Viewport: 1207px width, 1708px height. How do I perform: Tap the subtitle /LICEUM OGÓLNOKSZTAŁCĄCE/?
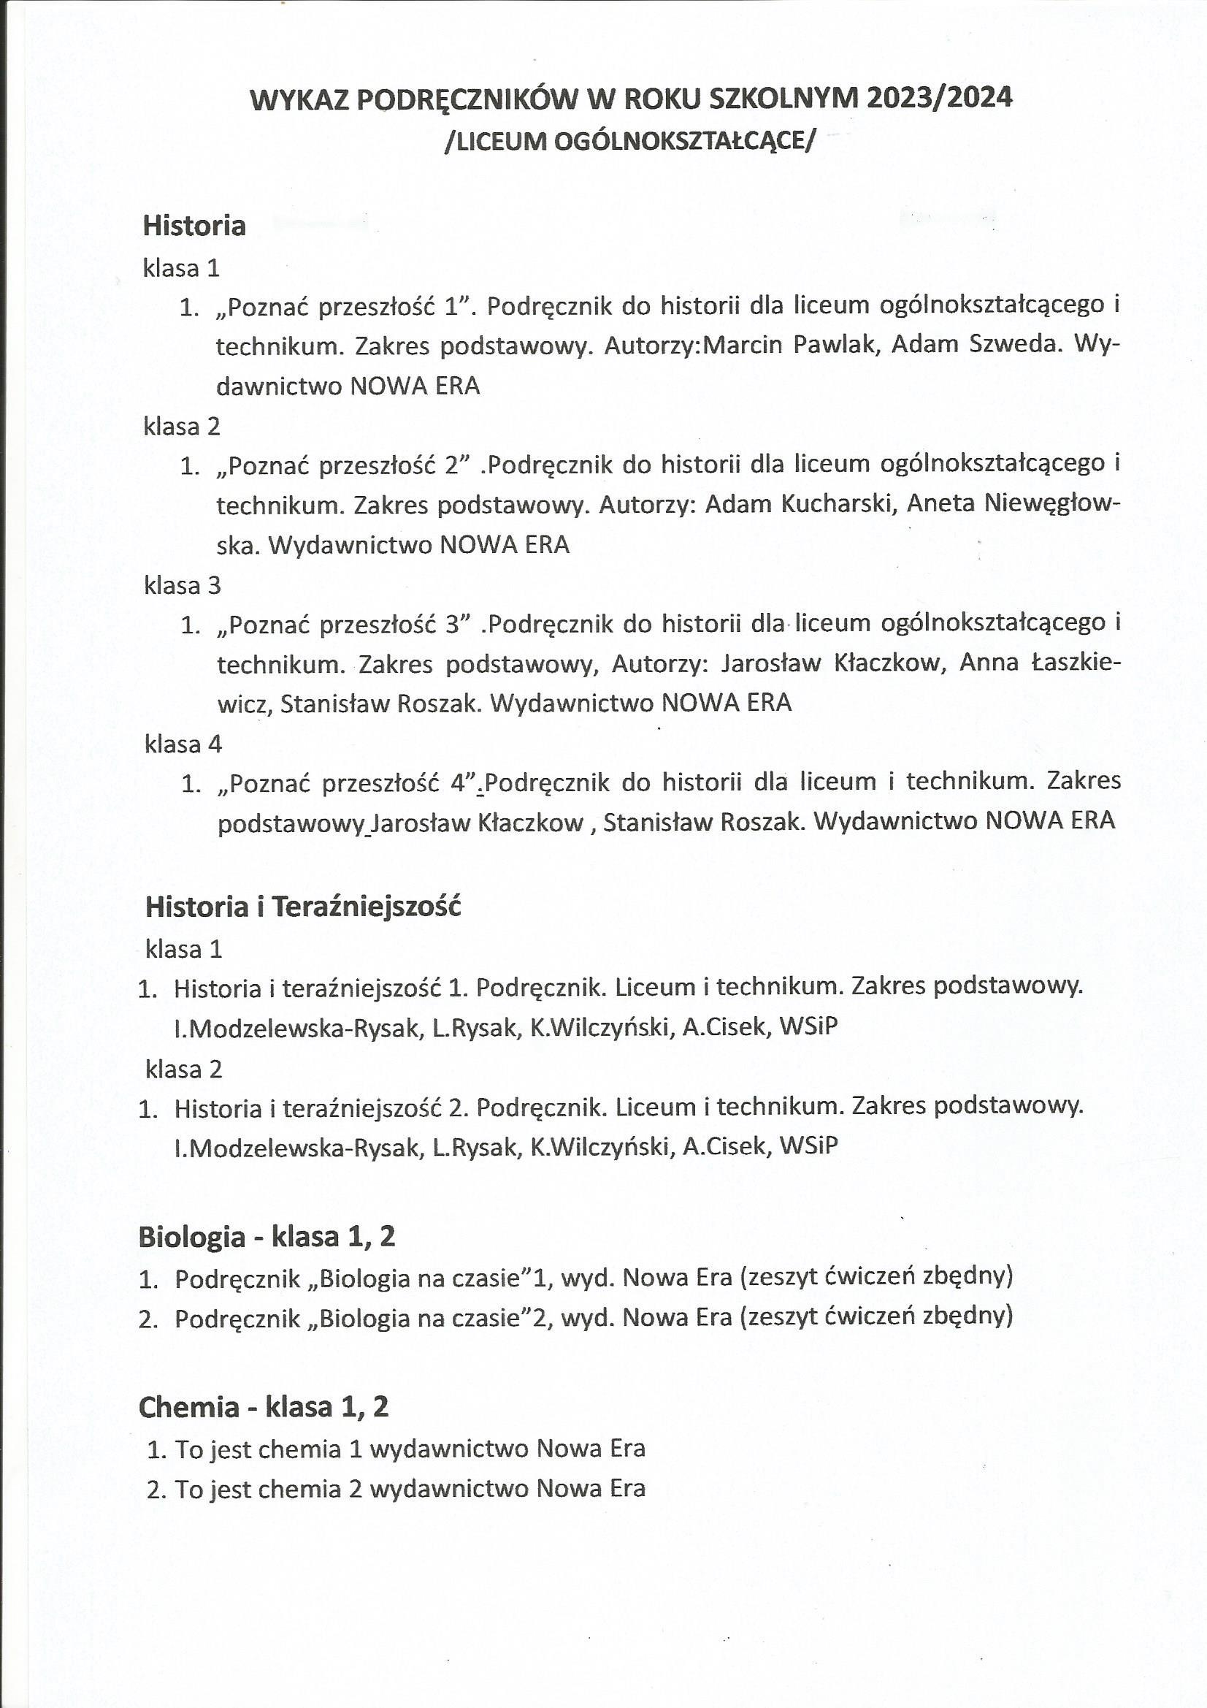pyautogui.click(x=629, y=140)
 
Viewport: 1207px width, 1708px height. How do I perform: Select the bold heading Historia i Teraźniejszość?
pyautogui.click(x=303, y=907)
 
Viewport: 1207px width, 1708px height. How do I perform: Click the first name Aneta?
pyautogui.click(x=939, y=504)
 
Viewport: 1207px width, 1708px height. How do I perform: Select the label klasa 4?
pyautogui.click(x=183, y=744)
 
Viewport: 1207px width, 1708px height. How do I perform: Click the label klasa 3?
pyautogui.click(x=183, y=585)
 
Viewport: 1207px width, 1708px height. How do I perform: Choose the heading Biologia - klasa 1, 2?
pyautogui.click(x=267, y=1236)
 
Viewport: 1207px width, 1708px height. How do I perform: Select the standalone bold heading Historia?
pyautogui.click(x=194, y=226)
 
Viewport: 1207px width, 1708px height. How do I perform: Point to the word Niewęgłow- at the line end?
pyautogui.click(x=1052, y=504)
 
